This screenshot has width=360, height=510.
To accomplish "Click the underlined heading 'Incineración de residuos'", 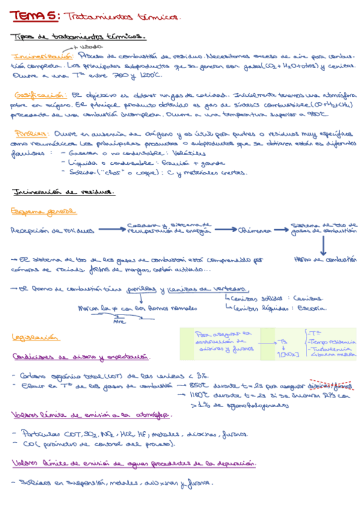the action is (x=63, y=192).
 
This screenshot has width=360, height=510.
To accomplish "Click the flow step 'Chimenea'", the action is (x=255, y=230).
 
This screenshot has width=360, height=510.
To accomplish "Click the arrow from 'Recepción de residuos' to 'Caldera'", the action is (x=111, y=229).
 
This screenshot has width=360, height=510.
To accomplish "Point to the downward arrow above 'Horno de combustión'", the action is (x=322, y=244).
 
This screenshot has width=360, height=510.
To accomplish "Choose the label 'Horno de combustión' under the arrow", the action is (x=325, y=259).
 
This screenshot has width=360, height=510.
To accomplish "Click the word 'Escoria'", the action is (x=313, y=309).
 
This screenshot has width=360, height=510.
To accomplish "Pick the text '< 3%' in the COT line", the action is (x=201, y=375).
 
